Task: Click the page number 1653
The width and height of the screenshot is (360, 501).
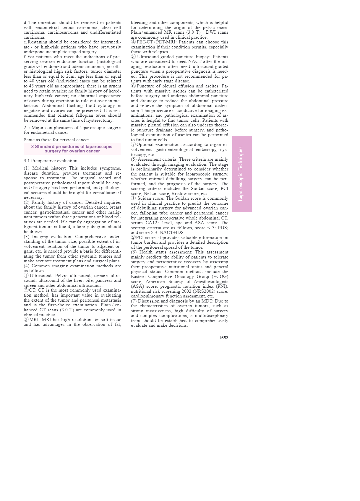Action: click(223, 338)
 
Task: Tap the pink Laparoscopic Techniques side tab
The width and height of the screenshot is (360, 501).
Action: click(242, 174)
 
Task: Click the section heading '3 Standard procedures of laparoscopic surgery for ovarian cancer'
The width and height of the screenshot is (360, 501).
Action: click(72, 149)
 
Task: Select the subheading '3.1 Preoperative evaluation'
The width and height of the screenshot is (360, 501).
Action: click(51, 161)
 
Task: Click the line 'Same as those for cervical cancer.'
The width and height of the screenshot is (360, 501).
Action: click(57, 140)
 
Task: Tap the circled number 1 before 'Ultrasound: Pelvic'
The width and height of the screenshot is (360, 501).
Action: click(26, 276)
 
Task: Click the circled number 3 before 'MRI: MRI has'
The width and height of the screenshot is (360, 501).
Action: click(26, 320)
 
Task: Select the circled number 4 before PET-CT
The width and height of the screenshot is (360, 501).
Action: click(133, 42)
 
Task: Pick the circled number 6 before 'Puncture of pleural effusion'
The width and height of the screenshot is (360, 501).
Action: click(133, 86)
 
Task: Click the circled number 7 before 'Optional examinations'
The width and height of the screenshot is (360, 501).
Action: click(133, 145)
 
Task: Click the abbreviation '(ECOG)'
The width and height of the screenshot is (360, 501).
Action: click(220, 277)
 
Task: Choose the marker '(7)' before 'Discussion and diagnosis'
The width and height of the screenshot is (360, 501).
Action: click(134, 301)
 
